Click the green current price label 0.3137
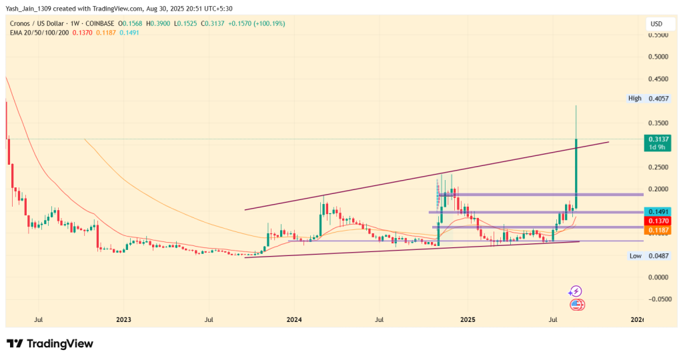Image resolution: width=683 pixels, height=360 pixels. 657,139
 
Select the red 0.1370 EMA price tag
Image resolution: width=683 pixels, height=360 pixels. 657,220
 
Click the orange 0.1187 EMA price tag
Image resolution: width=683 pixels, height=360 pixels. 657,229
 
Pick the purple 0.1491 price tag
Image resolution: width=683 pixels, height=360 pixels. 657,211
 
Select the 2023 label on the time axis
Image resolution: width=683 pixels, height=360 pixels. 123,320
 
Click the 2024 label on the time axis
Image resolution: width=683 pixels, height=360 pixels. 294,320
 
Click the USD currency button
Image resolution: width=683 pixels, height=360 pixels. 656,24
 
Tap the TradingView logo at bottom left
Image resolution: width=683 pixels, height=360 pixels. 50,343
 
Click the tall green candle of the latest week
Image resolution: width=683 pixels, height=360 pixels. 576,173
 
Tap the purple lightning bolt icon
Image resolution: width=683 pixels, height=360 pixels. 575,291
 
